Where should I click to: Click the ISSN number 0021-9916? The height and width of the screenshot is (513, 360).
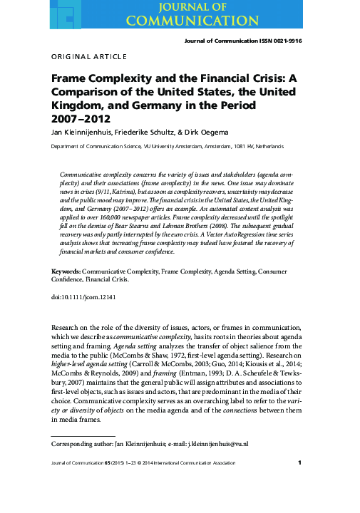click(x=283, y=41)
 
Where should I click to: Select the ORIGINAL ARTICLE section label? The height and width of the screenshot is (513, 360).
click(x=89, y=56)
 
